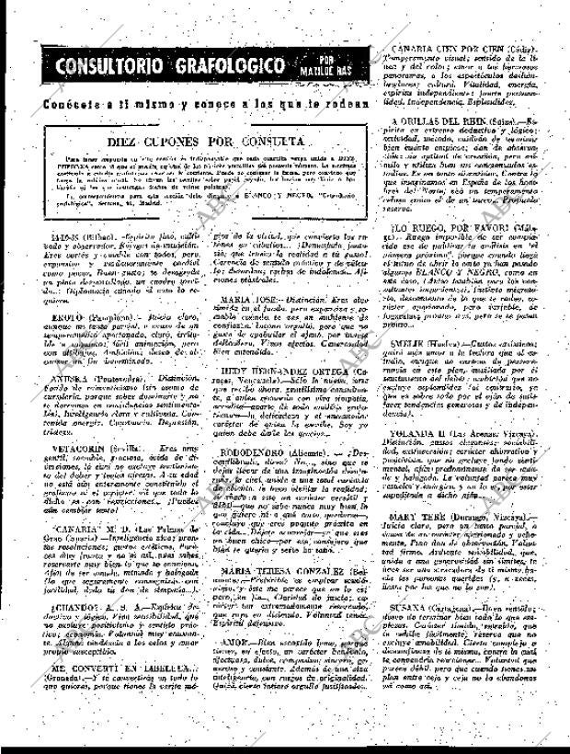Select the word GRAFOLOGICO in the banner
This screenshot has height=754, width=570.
coord(222,67)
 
